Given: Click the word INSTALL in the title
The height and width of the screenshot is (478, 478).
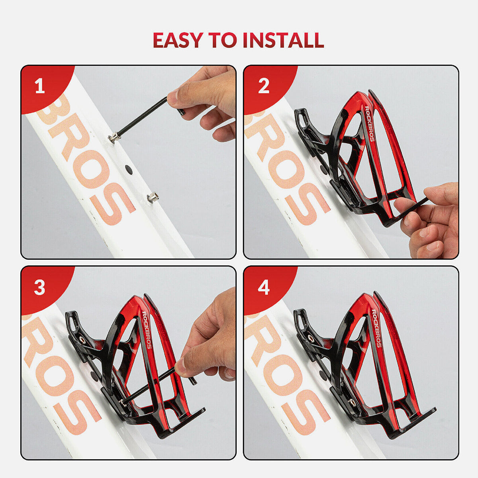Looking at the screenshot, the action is (x=283, y=40).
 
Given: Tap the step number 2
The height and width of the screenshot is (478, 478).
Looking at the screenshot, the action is (x=263, y=86).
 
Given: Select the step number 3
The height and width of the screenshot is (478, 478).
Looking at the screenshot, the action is (x=40, y=288).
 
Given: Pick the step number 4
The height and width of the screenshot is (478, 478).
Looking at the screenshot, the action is (x=263, y=288).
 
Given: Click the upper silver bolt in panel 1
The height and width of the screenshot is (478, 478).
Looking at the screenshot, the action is (x=114, y=137).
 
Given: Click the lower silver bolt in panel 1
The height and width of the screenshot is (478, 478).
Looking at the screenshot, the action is (x=151, y=197).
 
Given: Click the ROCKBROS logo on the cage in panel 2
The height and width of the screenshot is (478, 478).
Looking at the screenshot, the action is (x=369, y=123).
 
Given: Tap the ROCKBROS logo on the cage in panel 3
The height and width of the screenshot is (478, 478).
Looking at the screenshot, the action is (x=146, y=330).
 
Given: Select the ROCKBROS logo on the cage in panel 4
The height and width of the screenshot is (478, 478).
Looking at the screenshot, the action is (x=376, y=328).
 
